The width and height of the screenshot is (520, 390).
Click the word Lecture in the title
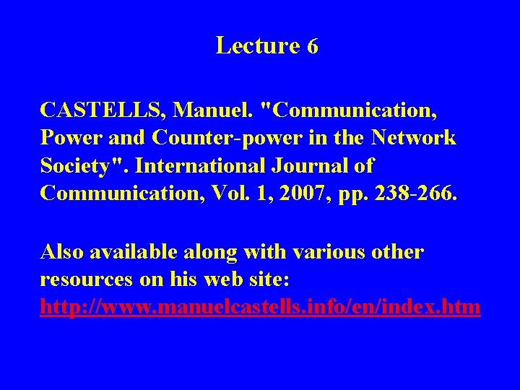point(257,45)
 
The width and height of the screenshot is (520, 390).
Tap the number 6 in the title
point(312,47)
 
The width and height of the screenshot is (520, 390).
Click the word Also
point(65,252)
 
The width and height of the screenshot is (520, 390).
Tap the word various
point(321,252)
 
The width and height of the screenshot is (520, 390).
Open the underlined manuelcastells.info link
point(260,308)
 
